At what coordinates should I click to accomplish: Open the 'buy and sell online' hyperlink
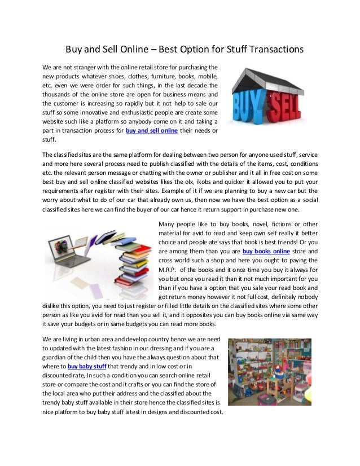(152, 130)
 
